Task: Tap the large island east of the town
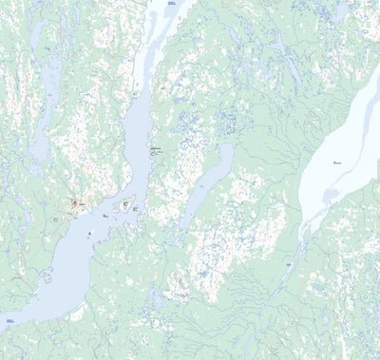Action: pos(123,203)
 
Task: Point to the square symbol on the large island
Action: pos(124,204)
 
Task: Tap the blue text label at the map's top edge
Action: pos(172,4)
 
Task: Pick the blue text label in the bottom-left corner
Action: pos(9,321)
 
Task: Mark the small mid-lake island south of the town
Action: pos(89,232)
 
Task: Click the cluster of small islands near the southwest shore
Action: pos(46,276)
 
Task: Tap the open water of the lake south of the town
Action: pos(66,275)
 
